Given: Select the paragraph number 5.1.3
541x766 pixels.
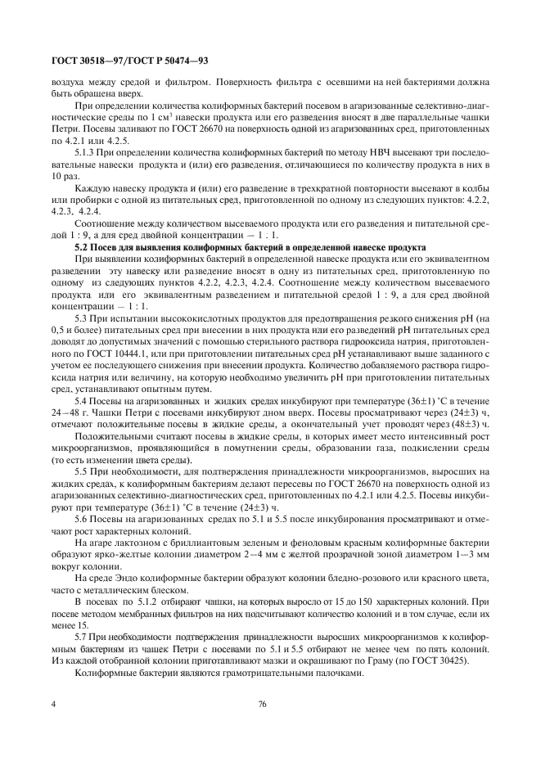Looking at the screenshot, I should (x=87, y=152).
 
